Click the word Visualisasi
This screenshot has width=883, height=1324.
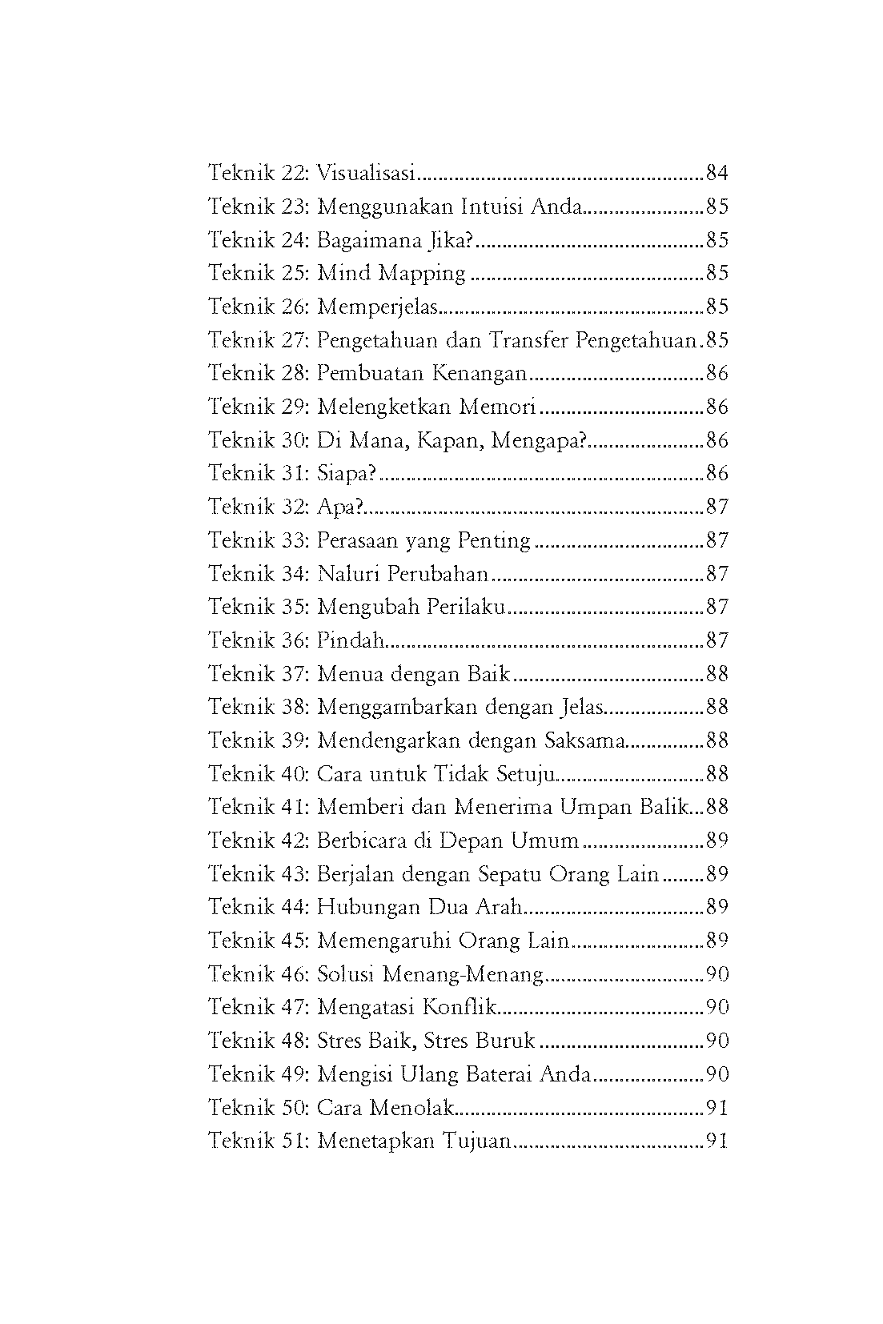click(367, 173)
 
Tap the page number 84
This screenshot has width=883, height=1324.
click(716, 173)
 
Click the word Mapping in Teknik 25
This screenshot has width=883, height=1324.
click(422, 274)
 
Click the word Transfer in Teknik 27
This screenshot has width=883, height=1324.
click(528, 340)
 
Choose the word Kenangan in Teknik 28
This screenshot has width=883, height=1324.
click(480, 374)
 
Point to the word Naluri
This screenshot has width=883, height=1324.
click(348, 574)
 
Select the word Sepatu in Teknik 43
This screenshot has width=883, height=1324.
click(509, 874)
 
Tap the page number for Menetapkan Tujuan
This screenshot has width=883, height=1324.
click(716, 1141)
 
